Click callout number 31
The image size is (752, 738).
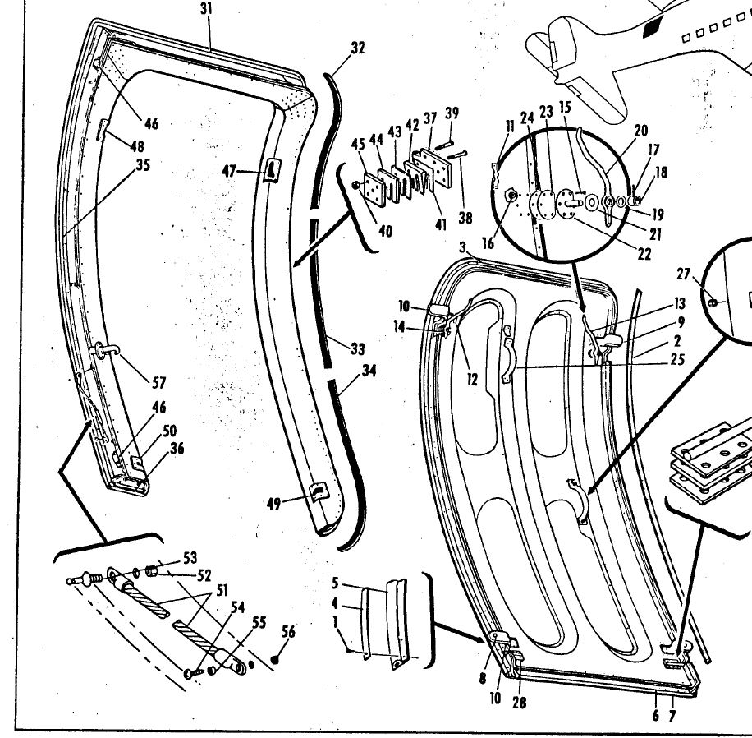click(205, 10)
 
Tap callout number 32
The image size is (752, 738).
click(357, 48)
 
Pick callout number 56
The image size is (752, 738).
click(288, 632)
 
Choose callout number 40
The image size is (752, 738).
click(385, 231)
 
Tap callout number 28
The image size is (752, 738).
click(520, 703)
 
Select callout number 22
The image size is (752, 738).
click(644, 255)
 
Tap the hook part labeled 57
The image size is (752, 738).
click(105, 352)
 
